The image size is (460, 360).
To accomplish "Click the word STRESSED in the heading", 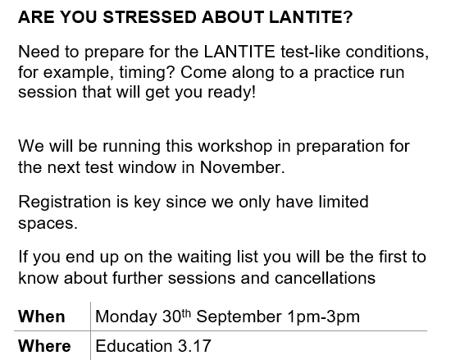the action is [149, 16].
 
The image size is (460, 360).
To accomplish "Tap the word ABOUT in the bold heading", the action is [233, 16].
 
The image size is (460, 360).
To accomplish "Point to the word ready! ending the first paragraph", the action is [232, 93].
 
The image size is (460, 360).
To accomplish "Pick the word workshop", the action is [235, 147].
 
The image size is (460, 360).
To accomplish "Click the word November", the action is [243, 167].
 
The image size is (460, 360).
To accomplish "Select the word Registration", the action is [65, 203].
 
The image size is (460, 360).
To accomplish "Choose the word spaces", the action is [48, 224].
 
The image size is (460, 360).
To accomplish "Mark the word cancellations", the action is [325, 278].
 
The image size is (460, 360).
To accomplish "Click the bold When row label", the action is [42, 317].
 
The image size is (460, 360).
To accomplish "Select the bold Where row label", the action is [44, 346].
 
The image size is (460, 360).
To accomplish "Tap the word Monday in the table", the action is [126, 317].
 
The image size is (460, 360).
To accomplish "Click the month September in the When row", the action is [239, 317].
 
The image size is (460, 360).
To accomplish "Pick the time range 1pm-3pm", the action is [324, 317].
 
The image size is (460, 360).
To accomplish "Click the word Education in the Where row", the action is [134, 346].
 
